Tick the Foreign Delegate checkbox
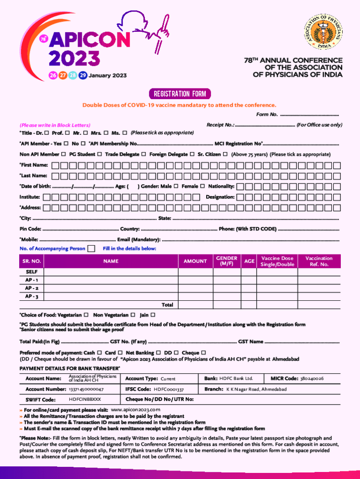coord(192,154)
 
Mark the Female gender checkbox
coord(202,186)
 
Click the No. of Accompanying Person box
coord(92,248)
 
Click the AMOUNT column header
coord(195,261)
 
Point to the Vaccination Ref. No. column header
coord(319,261)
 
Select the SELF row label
coord(32,272)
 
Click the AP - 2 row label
coord(32,288)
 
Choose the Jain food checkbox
coord(153,315)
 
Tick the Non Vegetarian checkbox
coord(133,315)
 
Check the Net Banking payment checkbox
coord(158,352)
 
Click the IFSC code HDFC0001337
coord(169,389)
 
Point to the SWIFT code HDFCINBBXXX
coord(85,399)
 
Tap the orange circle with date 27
coord(62,75)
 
